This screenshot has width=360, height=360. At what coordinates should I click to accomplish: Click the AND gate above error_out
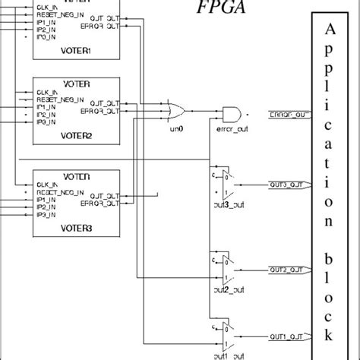click(231, 113)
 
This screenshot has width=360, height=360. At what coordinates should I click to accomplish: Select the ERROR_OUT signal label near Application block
click(288, 115)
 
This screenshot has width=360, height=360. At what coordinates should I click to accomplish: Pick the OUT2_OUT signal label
click(288, 269)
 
